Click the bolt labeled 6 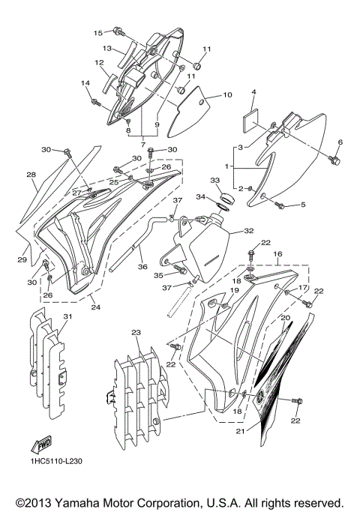[334, 160]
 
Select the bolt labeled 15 [119, 31]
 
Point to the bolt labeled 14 [95, 100]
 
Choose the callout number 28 [31, 175]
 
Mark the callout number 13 [107, 48]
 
